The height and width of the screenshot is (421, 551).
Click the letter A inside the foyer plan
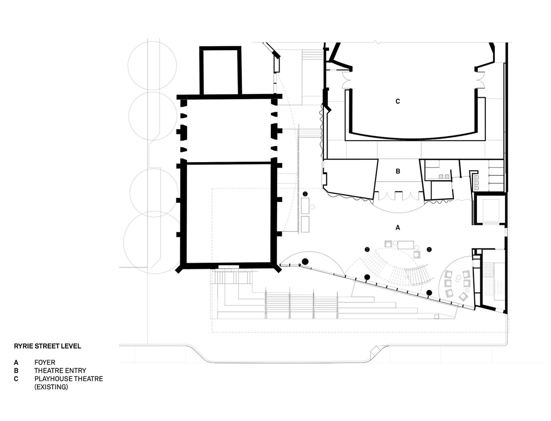tap(397, 228)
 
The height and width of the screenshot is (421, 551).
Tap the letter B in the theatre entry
tap(398, 171)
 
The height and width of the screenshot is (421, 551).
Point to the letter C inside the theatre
tap(398, 101)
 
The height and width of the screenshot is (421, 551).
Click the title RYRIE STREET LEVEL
tap(47, 346)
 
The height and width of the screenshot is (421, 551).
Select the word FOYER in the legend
tap(45, 362)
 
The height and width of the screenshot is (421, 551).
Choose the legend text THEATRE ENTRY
tap(60, 370)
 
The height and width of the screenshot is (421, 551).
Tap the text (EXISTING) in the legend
tap(51, 387)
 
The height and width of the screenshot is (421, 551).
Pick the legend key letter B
tap(16, 370)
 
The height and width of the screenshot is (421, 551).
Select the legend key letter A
tap(16, 362)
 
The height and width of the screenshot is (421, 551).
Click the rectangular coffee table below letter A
tap(405, 245)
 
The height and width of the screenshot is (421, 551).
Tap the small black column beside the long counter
tap(305, 194)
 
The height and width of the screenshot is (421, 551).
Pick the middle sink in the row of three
tap(477, 182)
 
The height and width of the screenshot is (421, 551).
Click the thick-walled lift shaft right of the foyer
tap(489, 208)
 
